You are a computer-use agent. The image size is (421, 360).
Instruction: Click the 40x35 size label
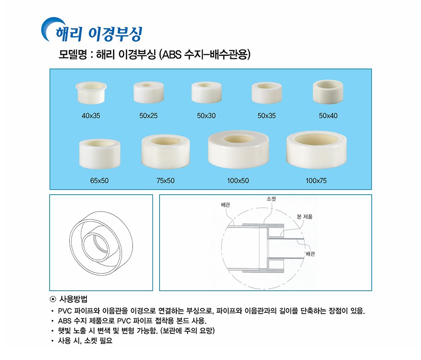tap(91, 116)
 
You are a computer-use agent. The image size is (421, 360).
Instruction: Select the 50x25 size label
tap(149, 116)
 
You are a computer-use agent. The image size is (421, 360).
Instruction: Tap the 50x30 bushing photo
tap(206, 92)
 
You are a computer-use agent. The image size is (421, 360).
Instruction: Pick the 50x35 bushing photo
tap(266, 93)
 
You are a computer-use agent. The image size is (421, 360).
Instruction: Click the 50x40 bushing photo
tap(328, 92)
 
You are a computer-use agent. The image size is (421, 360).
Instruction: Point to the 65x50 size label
tap(99, 181)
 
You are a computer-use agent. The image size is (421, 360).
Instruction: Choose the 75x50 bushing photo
tap(165, 150)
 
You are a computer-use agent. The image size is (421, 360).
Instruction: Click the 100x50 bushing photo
tap(238, 150)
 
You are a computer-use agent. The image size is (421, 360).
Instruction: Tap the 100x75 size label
tap(316, 181)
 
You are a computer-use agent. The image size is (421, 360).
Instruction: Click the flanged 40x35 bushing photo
tap(91, 93)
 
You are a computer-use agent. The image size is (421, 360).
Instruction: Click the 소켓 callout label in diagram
tap(271, 199)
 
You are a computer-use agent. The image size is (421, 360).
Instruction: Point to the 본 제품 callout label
tap(305, 217)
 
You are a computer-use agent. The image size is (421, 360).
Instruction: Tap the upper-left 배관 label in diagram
tap(226, 205)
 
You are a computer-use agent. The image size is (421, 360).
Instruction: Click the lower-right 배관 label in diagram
tap(310, 254)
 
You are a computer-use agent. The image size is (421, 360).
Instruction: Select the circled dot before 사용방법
tap(53, 299)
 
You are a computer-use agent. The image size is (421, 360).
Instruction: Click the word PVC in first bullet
tap(65, 311)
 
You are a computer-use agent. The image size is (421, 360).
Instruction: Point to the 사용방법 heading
tap(73, 299)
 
